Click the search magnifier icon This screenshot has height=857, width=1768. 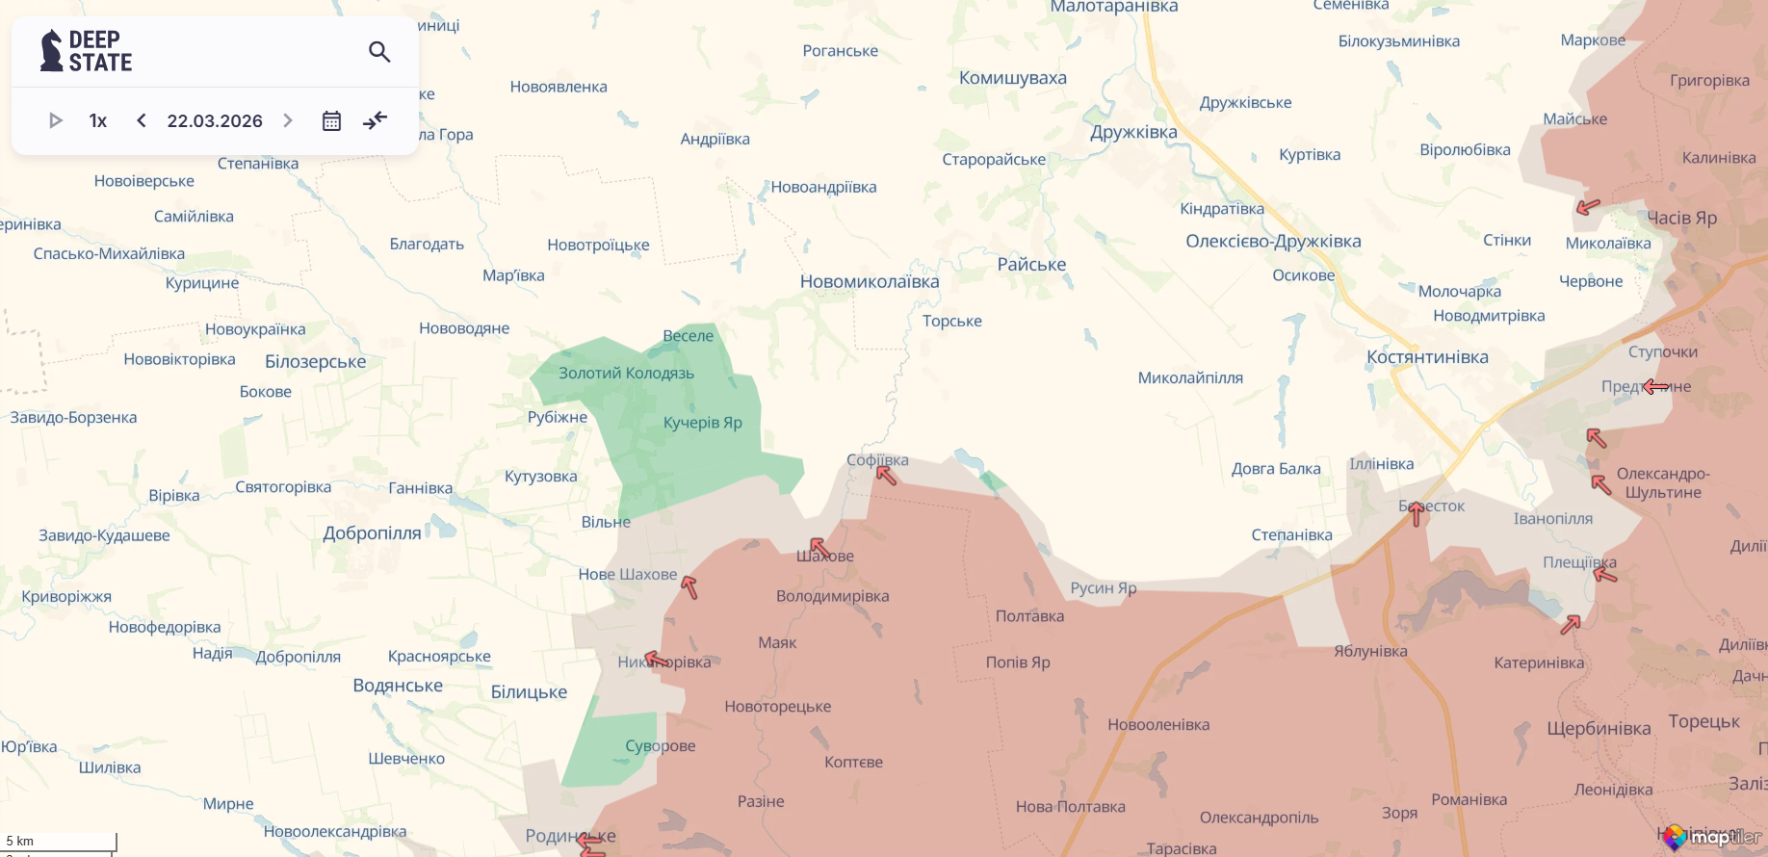click(379, 52)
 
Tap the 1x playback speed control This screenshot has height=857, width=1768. click(97, 120)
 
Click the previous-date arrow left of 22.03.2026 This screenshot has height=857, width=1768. click(142, 120)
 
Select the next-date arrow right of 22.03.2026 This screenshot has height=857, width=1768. click(287, 120)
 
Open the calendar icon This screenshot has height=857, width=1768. click(331, 120)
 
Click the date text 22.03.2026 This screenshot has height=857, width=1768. click(215, 120)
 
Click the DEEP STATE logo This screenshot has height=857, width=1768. click(87, 51)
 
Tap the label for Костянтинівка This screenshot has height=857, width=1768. click(1427, 357)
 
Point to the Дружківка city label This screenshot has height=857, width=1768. click(1133, 132)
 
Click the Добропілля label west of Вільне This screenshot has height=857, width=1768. click(372, 533)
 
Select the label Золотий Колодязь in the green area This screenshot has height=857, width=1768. click(626, 374)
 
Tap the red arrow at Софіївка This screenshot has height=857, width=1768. click(886, 475)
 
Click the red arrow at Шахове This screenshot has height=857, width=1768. click(819, 549)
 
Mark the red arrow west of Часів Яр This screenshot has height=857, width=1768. click(1588, 206)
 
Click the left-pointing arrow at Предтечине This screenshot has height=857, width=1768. click(1655, 387)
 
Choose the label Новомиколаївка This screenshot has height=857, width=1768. click(869, 282)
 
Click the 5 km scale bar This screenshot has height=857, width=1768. click(58, 842)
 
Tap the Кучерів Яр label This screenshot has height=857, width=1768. click(702, 423)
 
